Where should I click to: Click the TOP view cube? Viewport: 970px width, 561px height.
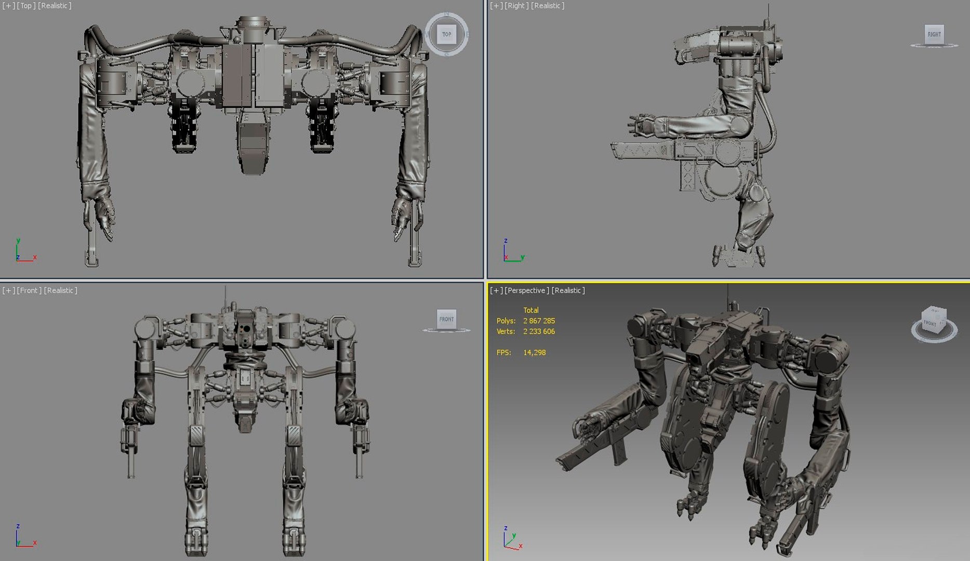pos(446,34)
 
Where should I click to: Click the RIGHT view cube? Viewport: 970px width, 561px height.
pos(934,34)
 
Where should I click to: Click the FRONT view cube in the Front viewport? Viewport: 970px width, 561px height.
pos(446,319)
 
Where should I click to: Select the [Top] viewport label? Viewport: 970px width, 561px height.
pos(26,6)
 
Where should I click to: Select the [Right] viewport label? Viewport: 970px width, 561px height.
pos(516,6)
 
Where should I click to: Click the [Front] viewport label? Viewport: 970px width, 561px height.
pos(29,290)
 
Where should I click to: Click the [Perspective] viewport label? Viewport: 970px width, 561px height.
pos(527,290)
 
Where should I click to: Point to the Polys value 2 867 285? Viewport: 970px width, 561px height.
pos(539,321)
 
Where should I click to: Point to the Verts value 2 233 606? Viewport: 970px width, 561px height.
pos(539,331)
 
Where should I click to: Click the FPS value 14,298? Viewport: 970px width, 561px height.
pos(534,353)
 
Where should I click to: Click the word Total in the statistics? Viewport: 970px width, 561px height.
pos(530,310)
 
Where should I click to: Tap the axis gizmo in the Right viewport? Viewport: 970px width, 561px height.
pos(511,252)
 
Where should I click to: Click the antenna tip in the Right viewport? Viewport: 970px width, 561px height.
pos(768,6)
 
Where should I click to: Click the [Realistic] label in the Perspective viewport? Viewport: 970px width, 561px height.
pos(568,290)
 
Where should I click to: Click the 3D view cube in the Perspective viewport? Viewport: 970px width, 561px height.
pos(934,322)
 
